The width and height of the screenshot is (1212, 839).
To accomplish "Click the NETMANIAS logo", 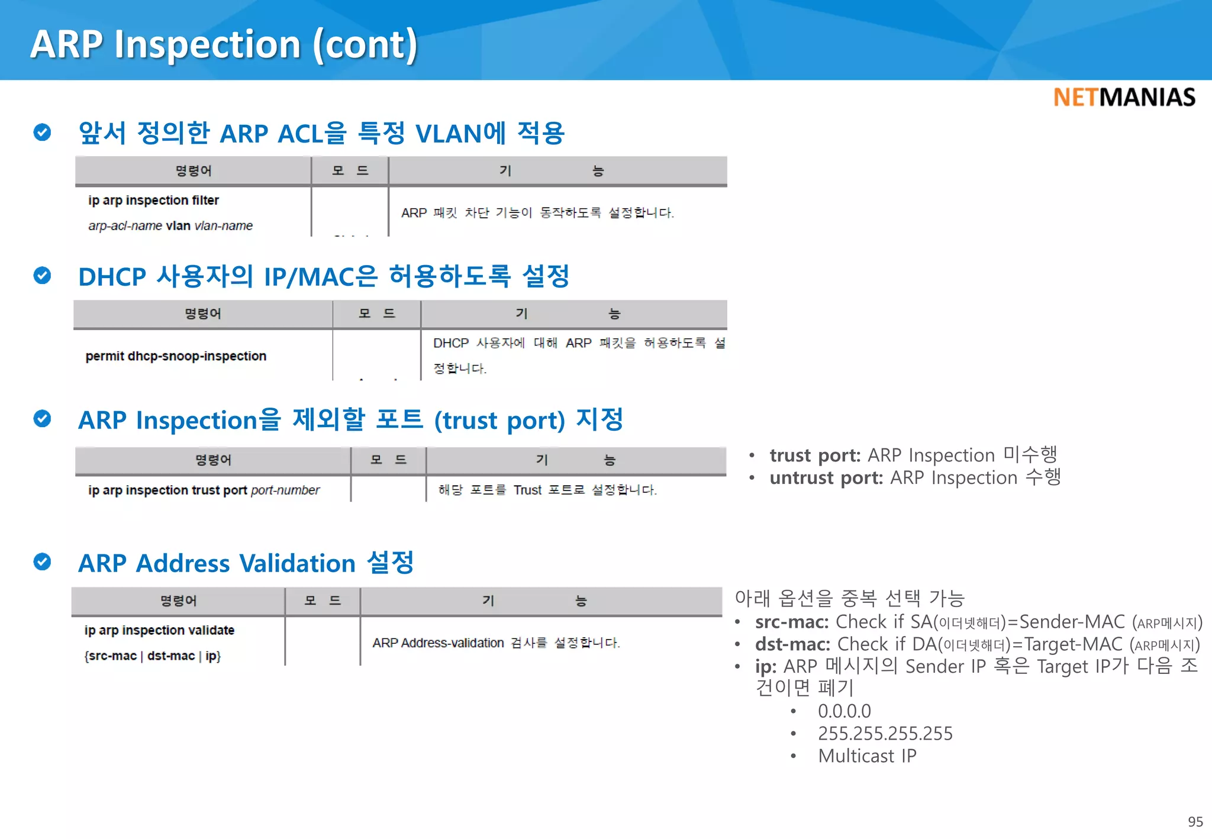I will click(x=1124, y=98).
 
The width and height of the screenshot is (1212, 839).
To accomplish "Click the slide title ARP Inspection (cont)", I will click(x=224, y=44).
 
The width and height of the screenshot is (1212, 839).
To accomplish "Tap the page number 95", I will click(x=1195, y=821).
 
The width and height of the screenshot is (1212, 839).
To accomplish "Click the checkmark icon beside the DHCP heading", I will click(x=42, y=276).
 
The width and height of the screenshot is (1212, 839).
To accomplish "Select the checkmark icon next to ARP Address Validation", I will click(x=42, y=562).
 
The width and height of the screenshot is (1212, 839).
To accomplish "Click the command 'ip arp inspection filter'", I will click(x=153, y=201).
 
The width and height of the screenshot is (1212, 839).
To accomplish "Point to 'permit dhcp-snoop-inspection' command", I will click(x=176, y=356).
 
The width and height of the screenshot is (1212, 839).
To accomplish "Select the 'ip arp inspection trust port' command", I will click(x=167, y=491).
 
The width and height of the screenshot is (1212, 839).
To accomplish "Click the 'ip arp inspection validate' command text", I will click(x=159, y=631).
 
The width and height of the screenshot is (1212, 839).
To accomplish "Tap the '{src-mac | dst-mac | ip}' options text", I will click(x=152, y=656).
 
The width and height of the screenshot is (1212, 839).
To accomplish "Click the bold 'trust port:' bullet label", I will click(x=815, y=456).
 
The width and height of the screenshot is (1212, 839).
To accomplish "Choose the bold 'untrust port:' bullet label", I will click(x=826, y=478).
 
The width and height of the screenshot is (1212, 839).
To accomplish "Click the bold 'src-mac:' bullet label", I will click(x=792, y=622).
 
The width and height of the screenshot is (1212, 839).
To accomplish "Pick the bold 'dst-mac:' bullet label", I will click(x=792, y=644).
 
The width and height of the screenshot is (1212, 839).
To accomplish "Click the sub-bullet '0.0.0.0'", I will click(x=844, y=711).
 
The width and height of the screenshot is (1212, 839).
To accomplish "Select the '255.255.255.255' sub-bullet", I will click(x=885, y=734).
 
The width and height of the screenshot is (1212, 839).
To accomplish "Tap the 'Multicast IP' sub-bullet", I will click(x=867, y=756).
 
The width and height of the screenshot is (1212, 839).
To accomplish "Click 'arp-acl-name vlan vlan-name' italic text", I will click(x=170, y=226).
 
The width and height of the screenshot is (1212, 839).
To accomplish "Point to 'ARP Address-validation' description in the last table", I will click(x=438, y=643).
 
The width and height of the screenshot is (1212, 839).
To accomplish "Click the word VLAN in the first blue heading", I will click(x=448, y=134).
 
